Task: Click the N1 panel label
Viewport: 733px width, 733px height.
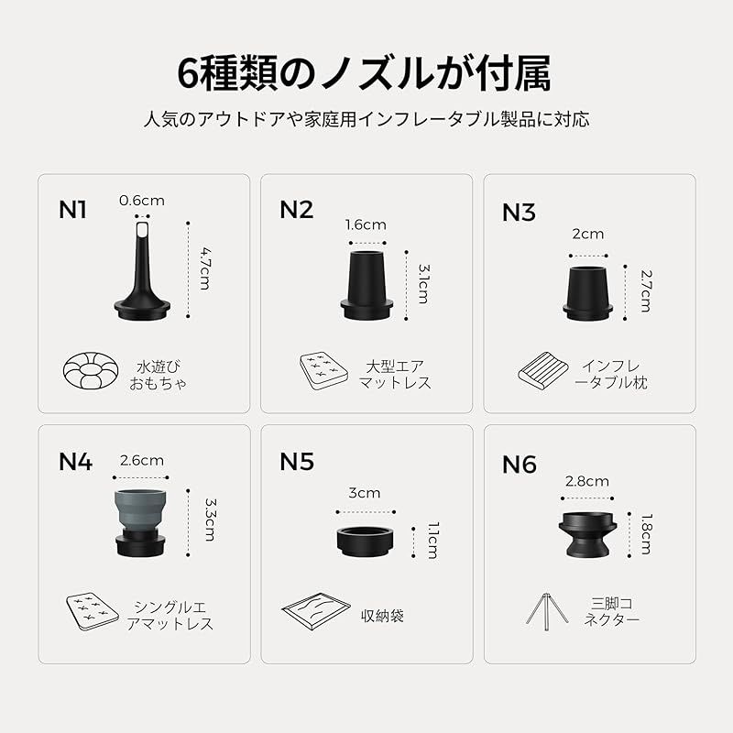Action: coord(72,210)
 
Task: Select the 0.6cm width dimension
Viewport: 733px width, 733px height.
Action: coord(141,201)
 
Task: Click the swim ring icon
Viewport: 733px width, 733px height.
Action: coord(91,370)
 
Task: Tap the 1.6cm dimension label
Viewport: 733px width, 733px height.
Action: coord(366,224)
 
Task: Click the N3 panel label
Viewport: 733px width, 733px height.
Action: coord(519,213)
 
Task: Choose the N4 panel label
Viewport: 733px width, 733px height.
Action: coord(75,461)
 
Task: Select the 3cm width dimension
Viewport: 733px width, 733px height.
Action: coord(365,493)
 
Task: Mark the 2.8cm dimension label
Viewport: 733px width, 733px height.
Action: coord(587,481)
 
